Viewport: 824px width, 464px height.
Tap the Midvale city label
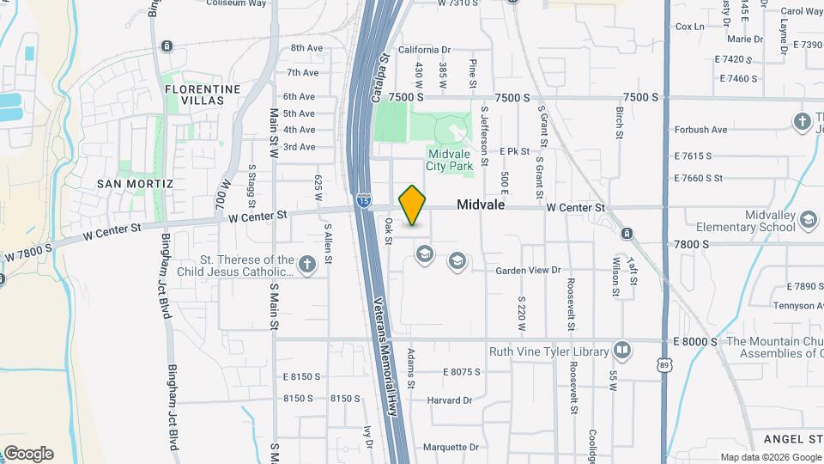point(481,206)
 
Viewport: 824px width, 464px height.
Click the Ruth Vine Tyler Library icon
point(621,351)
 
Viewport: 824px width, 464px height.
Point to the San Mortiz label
point(135,184)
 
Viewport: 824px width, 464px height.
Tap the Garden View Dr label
point(528,270)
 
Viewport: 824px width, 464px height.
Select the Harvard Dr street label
point(450,400)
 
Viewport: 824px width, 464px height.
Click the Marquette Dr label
point(450,447)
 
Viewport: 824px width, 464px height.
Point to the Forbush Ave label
point(700,130)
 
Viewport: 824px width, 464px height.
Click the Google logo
point(27,454)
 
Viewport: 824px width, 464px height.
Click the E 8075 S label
point(462,372)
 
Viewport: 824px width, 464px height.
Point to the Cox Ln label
point(690,27)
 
